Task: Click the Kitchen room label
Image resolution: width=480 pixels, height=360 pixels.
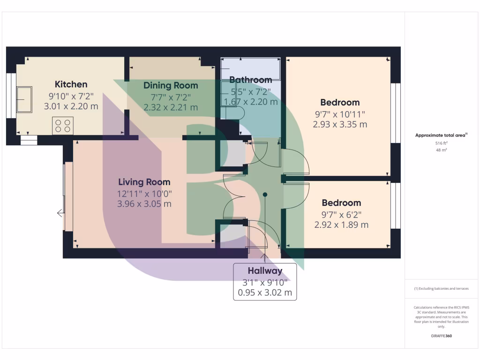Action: [x=71, y=84]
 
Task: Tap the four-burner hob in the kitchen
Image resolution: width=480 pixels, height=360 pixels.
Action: [x=63, y=126]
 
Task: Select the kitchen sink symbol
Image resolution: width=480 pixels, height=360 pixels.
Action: [x=24, y=99]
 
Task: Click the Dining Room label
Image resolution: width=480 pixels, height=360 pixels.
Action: [x=171, y=85]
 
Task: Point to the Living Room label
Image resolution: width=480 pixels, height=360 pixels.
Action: [x=144, y=182]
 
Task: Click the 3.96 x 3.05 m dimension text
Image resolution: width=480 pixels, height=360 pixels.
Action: [x=144, y=204]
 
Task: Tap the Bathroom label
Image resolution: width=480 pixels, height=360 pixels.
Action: [x=251, y=80]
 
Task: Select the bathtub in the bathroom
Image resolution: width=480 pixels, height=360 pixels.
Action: [x=251, y=69]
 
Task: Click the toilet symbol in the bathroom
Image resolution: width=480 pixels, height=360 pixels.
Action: [x=234, y=113]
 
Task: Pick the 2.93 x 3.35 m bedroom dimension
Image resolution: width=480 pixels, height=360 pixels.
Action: [x=340, y=124]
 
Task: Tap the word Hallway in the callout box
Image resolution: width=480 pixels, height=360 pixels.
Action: [x=265, y=270]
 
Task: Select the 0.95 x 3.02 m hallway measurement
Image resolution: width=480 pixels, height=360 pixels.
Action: [x=265, y=293]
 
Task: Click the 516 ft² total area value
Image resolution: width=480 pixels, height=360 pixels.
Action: [x=441, y=143]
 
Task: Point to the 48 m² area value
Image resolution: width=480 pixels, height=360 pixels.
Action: [x=441, y=150]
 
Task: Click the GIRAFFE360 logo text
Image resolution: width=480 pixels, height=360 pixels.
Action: [x=441, y=336]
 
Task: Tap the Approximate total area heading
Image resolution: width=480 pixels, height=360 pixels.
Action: [x=441, y=135]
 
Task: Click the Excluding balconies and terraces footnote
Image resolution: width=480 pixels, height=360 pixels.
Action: [x=441, y=289]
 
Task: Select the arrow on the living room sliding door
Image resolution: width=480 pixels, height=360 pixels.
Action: [x=60, y=213]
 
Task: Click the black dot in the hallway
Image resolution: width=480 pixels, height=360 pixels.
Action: [x=265, y=194]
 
